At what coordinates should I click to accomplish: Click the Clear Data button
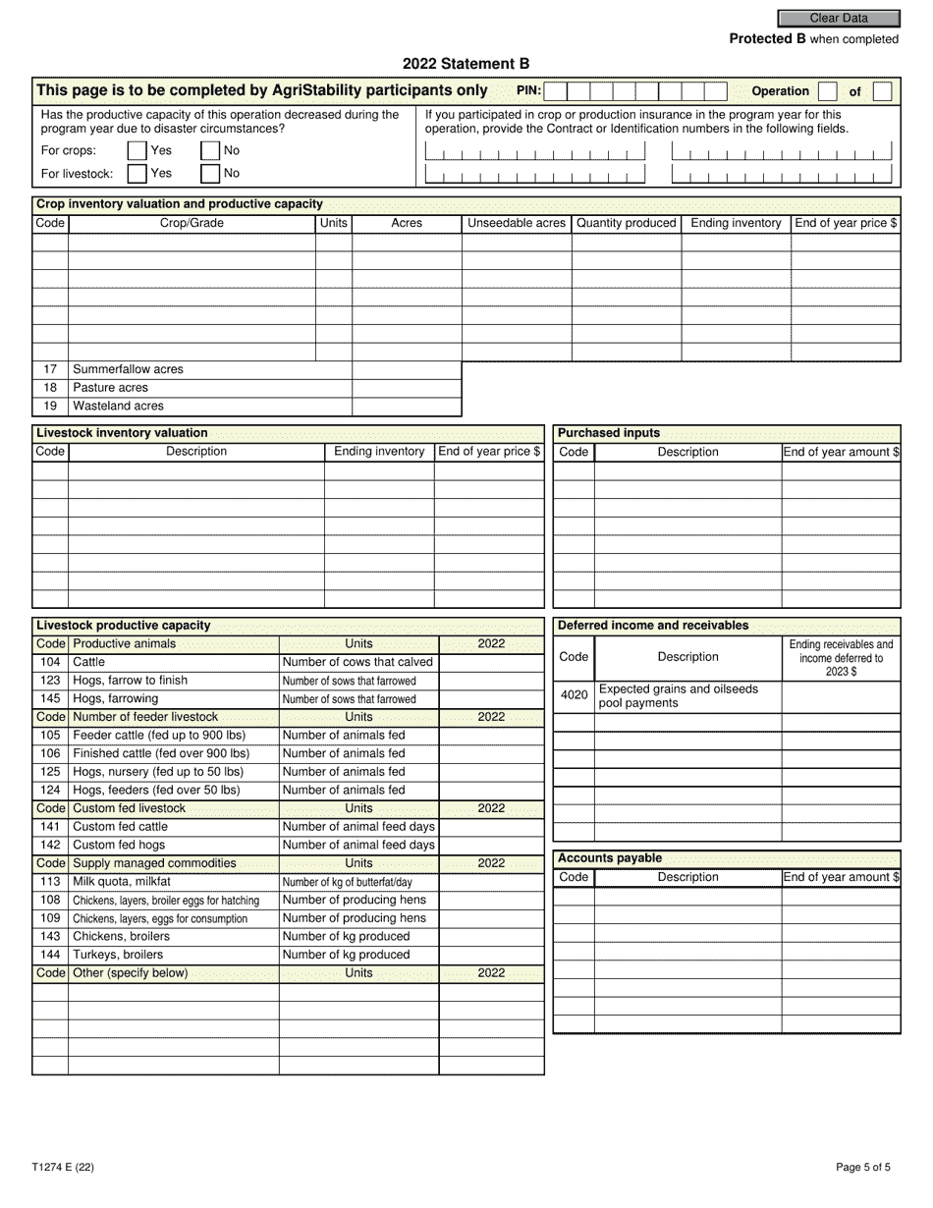838,18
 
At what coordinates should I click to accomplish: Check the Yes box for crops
137,151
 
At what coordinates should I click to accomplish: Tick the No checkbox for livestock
210,174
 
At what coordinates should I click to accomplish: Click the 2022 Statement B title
466,64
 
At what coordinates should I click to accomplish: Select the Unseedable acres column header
517,223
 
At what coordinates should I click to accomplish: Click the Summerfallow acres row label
128,369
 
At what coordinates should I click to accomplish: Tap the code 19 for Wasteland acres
50,406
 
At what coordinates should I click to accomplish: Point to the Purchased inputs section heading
609,433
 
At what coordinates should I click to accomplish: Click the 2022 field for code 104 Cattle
491,662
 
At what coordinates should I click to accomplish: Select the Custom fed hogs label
119,845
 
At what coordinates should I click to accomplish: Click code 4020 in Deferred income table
574,695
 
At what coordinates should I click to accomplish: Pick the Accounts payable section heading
610,858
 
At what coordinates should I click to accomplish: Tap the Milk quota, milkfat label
122,882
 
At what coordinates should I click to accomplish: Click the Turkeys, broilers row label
118,955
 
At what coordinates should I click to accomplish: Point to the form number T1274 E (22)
63,1168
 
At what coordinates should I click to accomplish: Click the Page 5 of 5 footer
863,1168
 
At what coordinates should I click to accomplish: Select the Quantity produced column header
627,223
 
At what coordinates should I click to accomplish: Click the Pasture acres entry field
406,388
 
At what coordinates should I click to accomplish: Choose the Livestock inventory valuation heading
122,433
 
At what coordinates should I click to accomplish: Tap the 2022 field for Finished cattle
491,753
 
